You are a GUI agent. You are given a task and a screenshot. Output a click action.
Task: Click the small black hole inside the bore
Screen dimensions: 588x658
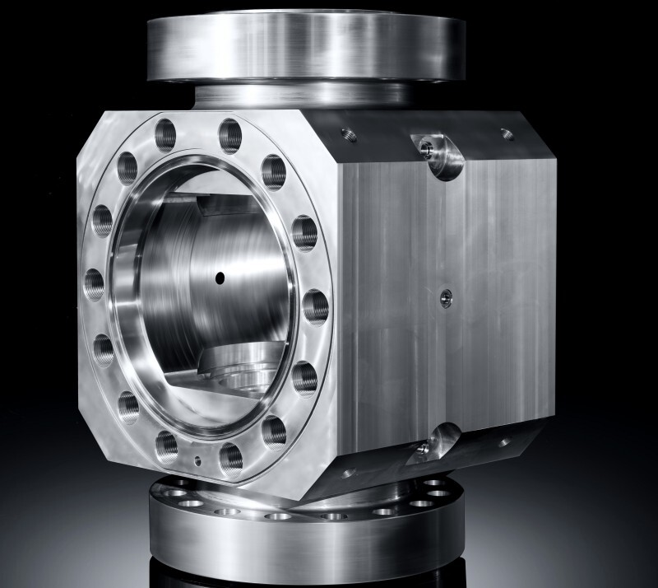(x=220, y=278)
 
